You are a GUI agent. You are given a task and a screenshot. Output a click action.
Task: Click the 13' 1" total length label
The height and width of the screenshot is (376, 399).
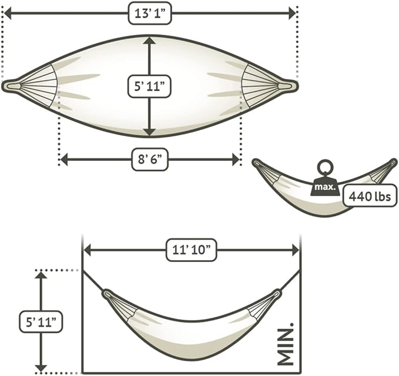(x=150, y=14)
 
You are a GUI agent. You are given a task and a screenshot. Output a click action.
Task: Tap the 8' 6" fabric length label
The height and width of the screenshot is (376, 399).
(x=150, y=160)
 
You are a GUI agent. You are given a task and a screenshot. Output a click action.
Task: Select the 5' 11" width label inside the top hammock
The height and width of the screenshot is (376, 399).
(x=149, y=86)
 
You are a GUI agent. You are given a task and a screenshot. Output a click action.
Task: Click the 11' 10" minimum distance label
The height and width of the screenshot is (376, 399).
(x=192, y=250)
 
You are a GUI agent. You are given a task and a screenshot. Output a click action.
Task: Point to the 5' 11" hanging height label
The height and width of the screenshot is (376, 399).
(x=41, y=321)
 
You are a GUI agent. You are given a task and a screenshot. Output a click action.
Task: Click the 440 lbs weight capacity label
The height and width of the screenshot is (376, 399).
(x=370, y=196)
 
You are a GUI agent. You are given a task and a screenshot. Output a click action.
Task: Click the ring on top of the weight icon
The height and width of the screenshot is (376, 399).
(x=325, y=167)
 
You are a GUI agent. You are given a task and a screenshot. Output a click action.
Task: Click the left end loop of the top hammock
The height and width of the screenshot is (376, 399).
(x=11, y=86)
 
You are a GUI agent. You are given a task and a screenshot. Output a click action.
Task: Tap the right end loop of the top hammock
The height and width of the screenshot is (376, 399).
(x=288, y=86)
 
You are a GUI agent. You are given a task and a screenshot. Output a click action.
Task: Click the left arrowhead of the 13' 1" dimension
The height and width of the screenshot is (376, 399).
(x=8, y=14)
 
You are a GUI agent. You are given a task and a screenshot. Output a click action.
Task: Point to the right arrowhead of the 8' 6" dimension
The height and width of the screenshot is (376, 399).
(x=236, y=160)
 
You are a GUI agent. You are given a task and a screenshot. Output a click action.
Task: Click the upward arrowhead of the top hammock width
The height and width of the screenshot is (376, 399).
(x=149, y=41)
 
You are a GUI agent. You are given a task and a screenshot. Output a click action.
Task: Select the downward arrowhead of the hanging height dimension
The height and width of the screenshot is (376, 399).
(x=41, y=368)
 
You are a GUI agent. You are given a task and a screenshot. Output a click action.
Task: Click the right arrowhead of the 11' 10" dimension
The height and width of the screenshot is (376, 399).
(x=296, y=250)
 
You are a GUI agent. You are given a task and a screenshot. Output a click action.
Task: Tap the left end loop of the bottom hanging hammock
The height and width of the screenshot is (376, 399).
(x=107, y=294)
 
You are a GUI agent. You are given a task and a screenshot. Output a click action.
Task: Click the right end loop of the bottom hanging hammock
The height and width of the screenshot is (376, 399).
(x=276, y=294)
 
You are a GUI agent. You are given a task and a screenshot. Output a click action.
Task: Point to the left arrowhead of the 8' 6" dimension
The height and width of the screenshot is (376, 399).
(x=63, y=160)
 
